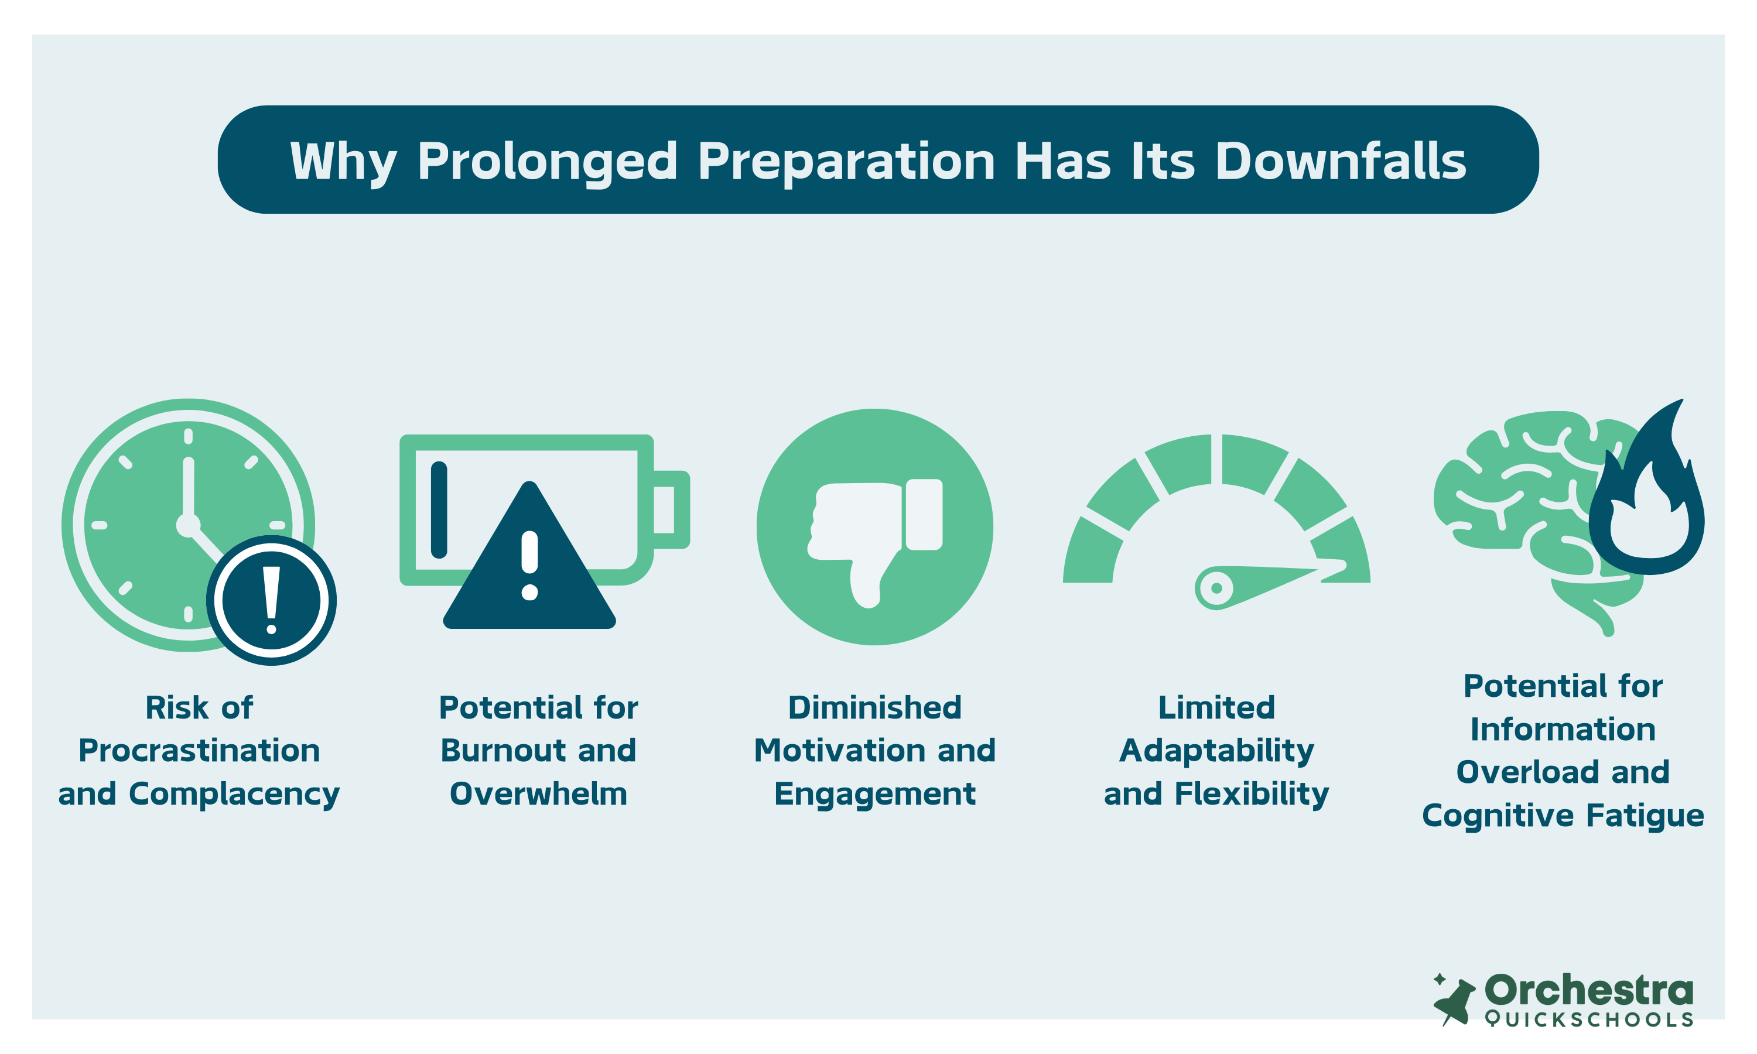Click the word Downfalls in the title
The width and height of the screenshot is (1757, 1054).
tap(1340, 160)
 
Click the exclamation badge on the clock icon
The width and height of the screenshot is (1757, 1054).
tap(271, 600)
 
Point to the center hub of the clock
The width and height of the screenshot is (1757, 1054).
tap(188, 525)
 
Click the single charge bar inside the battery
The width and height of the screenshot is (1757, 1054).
tap(439, 509)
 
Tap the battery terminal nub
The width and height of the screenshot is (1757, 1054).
tap(671, 509)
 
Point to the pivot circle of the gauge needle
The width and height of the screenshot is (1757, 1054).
tap(1216, 587)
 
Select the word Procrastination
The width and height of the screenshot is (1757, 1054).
tap(199, 751)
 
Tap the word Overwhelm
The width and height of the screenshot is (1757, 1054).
tap(538, 794)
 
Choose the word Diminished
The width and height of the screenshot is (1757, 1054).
tap(875, 707)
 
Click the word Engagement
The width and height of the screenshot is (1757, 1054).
tap(875, 795)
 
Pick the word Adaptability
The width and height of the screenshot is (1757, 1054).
tap(1216, 751)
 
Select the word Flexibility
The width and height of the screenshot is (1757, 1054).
tap(1252, 795)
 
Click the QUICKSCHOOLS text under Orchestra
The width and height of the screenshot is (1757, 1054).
tap(1589, 1019)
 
